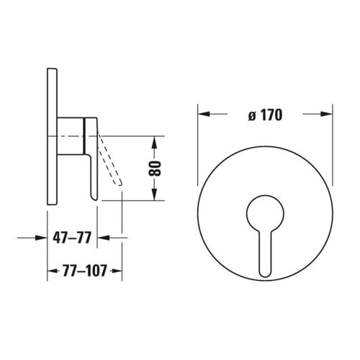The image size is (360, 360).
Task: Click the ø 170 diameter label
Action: tap(265, 115)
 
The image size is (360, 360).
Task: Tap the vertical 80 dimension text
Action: tap(155, 168)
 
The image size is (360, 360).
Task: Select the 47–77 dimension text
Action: tap(72, 238)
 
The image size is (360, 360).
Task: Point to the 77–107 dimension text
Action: tap(85, 271)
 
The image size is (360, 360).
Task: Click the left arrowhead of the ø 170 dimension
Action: tap(203, 114)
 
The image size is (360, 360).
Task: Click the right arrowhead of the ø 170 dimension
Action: tap(327, 114)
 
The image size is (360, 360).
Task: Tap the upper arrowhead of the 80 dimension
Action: tap(155, 142)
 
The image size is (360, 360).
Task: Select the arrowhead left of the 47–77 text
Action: tap(41, 238)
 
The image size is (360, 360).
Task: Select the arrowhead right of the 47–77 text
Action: tap(103, 238)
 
